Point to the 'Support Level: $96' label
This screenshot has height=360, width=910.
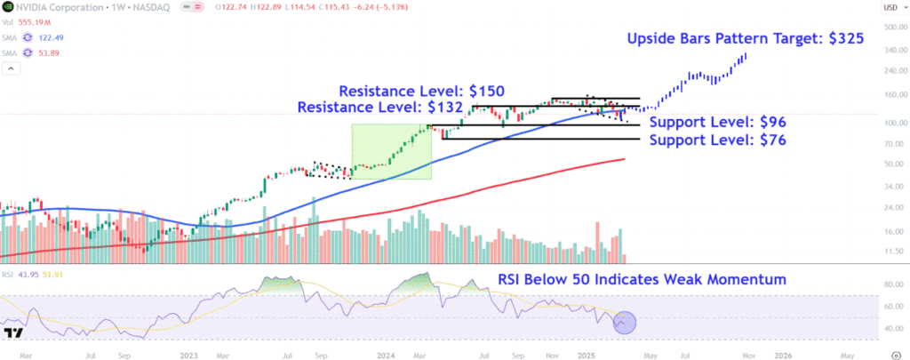pos(719,122)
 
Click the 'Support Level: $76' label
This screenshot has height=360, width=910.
pos(719,140)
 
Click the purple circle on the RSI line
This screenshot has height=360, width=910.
pos(625,322)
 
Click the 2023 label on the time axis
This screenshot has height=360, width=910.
pos(188,354)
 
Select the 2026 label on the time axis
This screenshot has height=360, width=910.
pos(783,354)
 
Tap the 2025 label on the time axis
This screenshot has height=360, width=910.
pos(584,354)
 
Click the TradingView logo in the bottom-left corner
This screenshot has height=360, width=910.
pos(12,333)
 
